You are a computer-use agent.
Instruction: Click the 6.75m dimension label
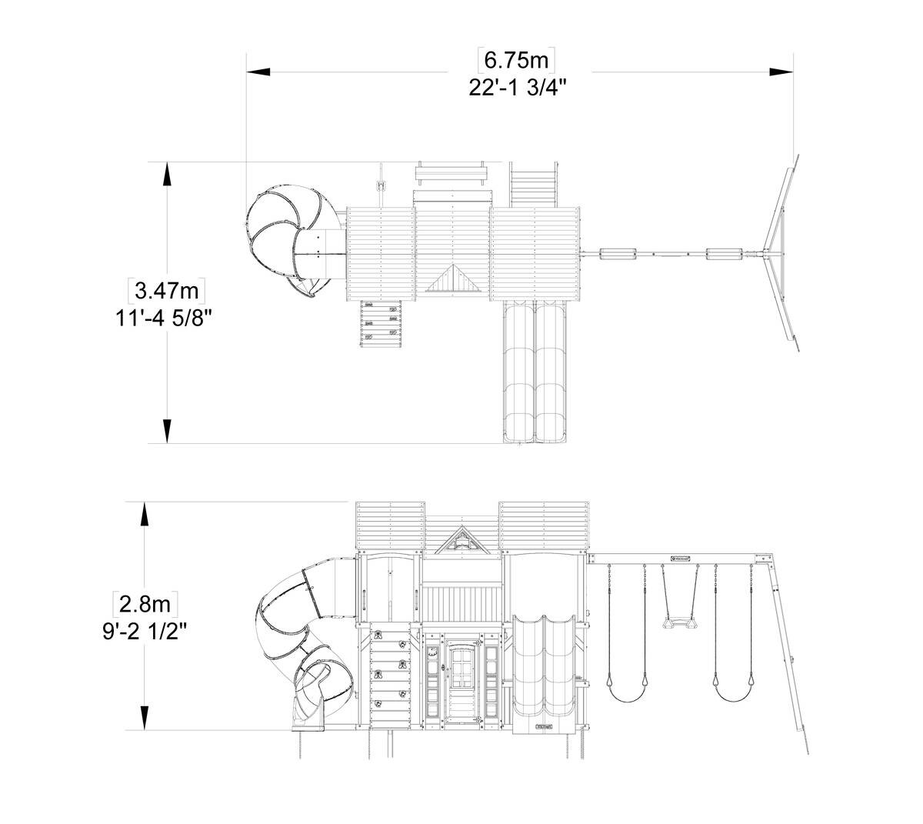515,60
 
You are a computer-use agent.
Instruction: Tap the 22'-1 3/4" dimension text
518,88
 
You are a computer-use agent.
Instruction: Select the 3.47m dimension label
166,291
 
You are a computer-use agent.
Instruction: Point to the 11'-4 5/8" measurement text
164,318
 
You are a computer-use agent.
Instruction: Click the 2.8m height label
145,604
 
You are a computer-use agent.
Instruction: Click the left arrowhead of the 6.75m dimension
258,72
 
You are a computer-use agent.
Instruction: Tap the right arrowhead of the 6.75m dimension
781,72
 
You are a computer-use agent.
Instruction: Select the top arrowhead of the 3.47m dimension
167,174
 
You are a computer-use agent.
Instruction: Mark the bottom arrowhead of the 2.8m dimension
145,718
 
